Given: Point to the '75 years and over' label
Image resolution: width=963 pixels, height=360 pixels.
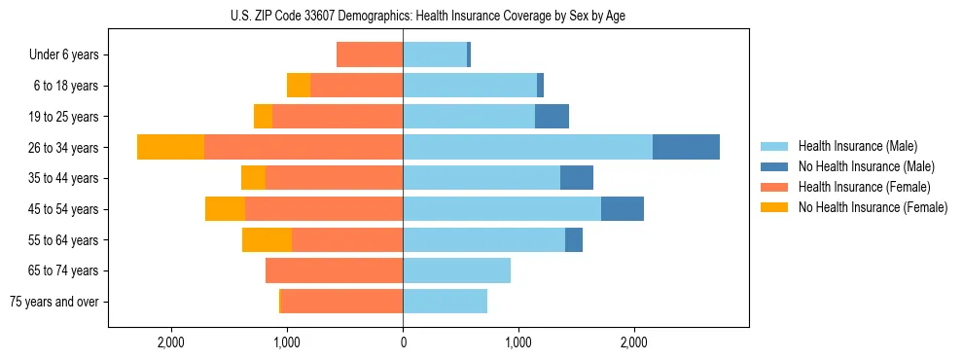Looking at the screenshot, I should click(x=54, y=302).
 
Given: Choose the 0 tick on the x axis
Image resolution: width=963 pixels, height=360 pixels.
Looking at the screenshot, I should click(x=403, y=342).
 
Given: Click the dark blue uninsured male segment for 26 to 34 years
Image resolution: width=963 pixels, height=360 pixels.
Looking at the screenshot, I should click(x=686, y=147).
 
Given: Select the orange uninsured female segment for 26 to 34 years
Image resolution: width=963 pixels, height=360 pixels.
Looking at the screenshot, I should click(x=171, y=147).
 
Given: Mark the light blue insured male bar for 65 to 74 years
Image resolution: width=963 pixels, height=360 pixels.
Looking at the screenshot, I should click(x=457, y=270).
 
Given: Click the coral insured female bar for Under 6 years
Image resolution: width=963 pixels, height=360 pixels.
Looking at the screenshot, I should click(x=370, y=54).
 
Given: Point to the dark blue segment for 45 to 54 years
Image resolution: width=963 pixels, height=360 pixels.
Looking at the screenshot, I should click(x=623, y=208).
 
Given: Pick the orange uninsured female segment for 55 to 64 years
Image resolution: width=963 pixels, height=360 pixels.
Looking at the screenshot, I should click(x=267, y=239).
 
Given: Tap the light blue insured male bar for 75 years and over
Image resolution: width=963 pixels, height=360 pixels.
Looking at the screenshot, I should click(x=446, y=302).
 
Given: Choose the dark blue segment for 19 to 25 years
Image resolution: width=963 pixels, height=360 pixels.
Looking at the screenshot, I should click(x=552, y=117).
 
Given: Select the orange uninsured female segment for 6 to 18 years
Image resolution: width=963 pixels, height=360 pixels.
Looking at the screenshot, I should click(x=299, y=86).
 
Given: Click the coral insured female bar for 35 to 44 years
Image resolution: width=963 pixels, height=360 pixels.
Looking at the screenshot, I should click(x=334, y=178).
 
